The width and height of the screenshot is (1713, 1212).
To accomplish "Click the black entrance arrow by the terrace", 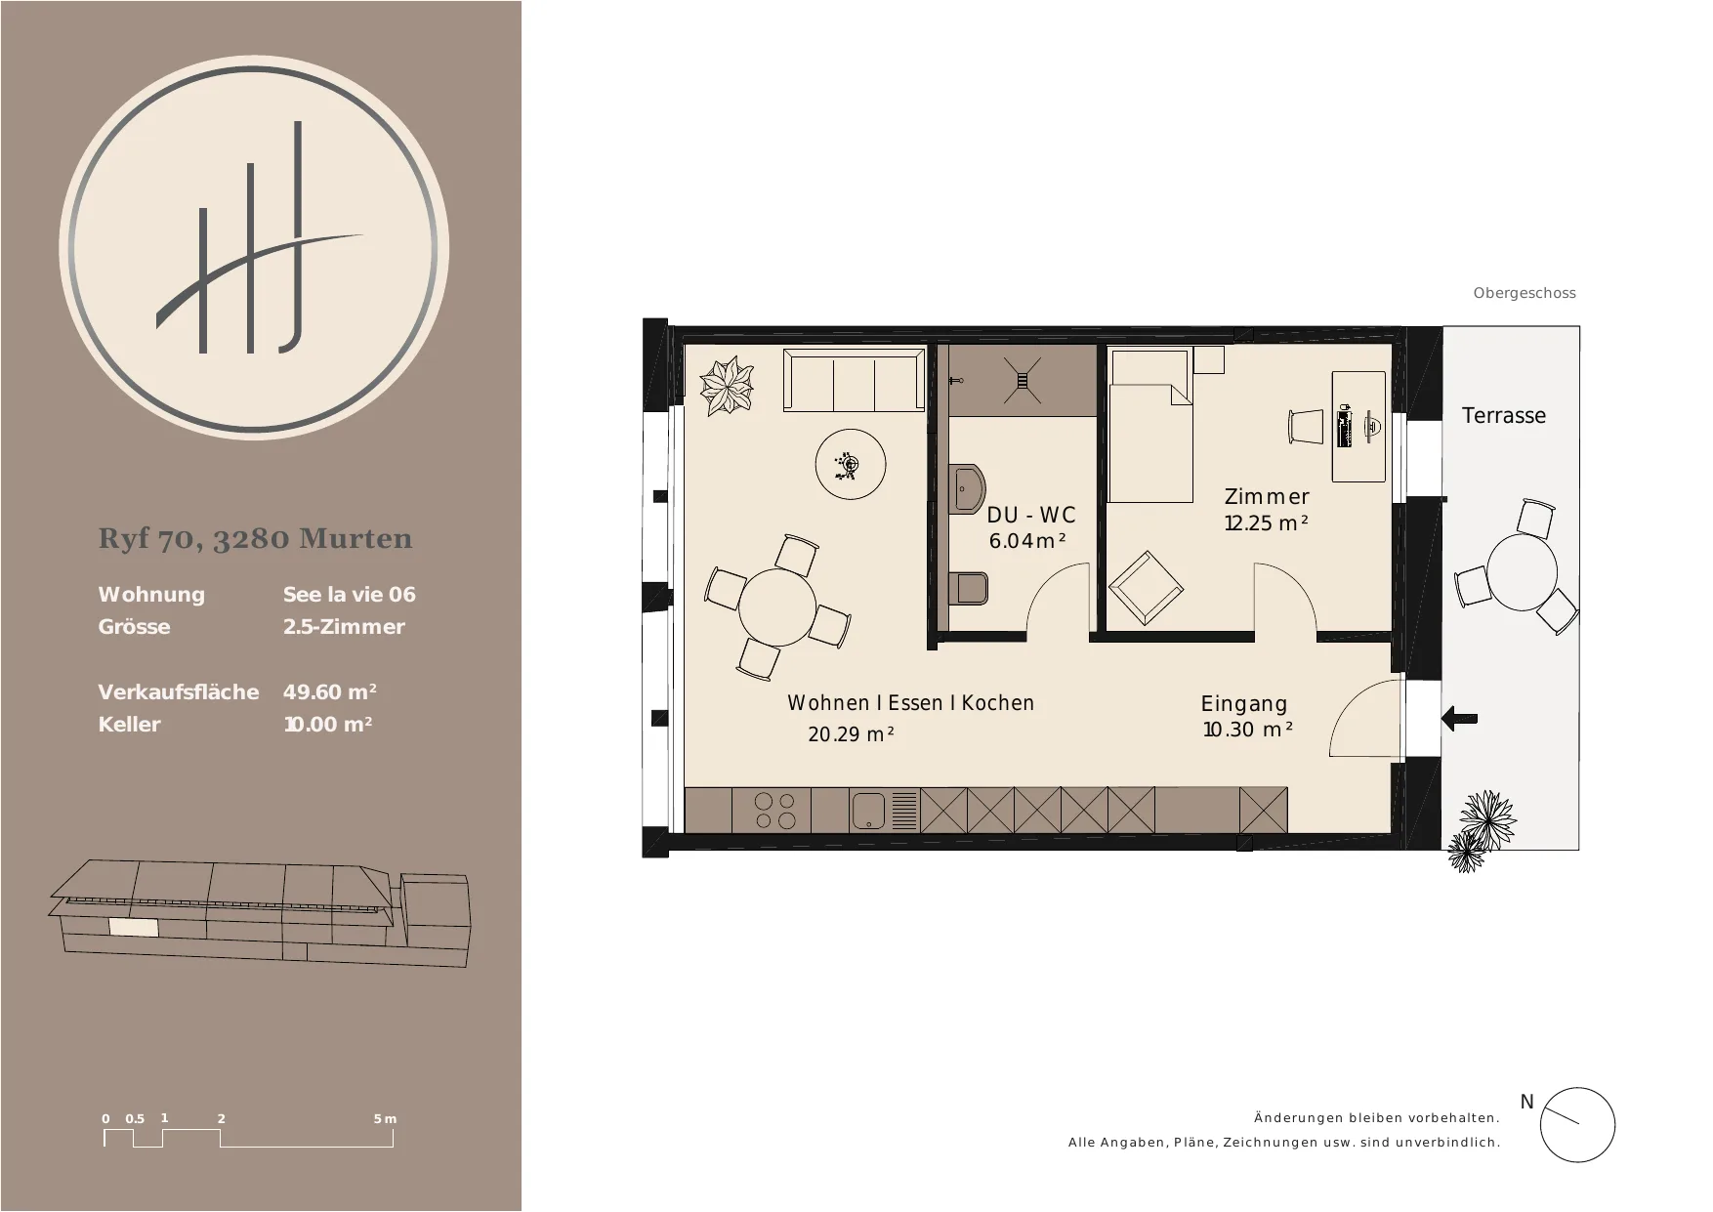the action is coord(1459,719).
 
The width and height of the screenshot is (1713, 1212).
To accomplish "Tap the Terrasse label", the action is coord(1504,415).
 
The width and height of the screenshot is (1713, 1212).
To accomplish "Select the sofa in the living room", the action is coord(855,381).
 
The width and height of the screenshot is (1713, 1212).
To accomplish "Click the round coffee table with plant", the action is coord(851,465).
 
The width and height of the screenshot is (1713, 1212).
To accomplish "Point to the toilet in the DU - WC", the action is coord(969,588).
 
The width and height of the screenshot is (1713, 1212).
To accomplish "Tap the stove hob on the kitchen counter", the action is coord(775,811).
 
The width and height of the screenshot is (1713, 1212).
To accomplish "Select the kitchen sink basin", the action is coord(868,811).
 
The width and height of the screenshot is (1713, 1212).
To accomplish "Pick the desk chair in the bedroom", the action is coord(1306,427).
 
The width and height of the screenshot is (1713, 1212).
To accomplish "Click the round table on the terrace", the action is coord(1522,571).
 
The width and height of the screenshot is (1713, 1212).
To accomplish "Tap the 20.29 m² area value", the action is coord(851,734).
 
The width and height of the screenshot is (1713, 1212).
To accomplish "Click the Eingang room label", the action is coord(1244,703).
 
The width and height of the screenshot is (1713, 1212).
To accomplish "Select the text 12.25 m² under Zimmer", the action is coord(1267,523).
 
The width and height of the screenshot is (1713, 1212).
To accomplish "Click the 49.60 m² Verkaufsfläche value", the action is coord(330,691).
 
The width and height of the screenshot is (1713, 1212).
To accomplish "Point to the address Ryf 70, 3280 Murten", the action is coord(256,539).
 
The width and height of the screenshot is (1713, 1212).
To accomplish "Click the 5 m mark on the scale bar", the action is coord(385,1119).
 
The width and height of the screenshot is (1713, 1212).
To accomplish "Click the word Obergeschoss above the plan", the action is coord(1525,293).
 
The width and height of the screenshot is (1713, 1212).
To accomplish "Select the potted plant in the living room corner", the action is coord(728,387).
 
